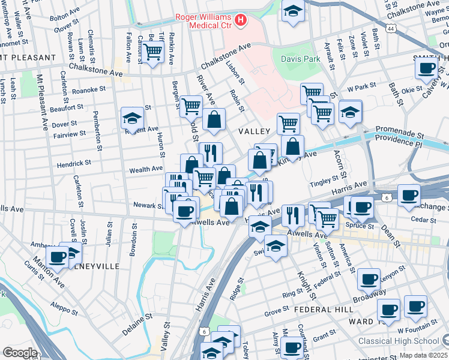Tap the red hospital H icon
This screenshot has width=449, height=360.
point(241,21)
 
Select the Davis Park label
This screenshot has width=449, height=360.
point(300,59)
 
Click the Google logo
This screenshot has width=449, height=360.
point(20,353)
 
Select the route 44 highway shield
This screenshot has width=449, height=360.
point(391,28)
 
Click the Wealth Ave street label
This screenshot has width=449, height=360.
point(146,169)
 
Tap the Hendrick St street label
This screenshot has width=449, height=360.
point(74,163)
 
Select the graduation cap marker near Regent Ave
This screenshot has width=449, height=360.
point(132,118)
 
